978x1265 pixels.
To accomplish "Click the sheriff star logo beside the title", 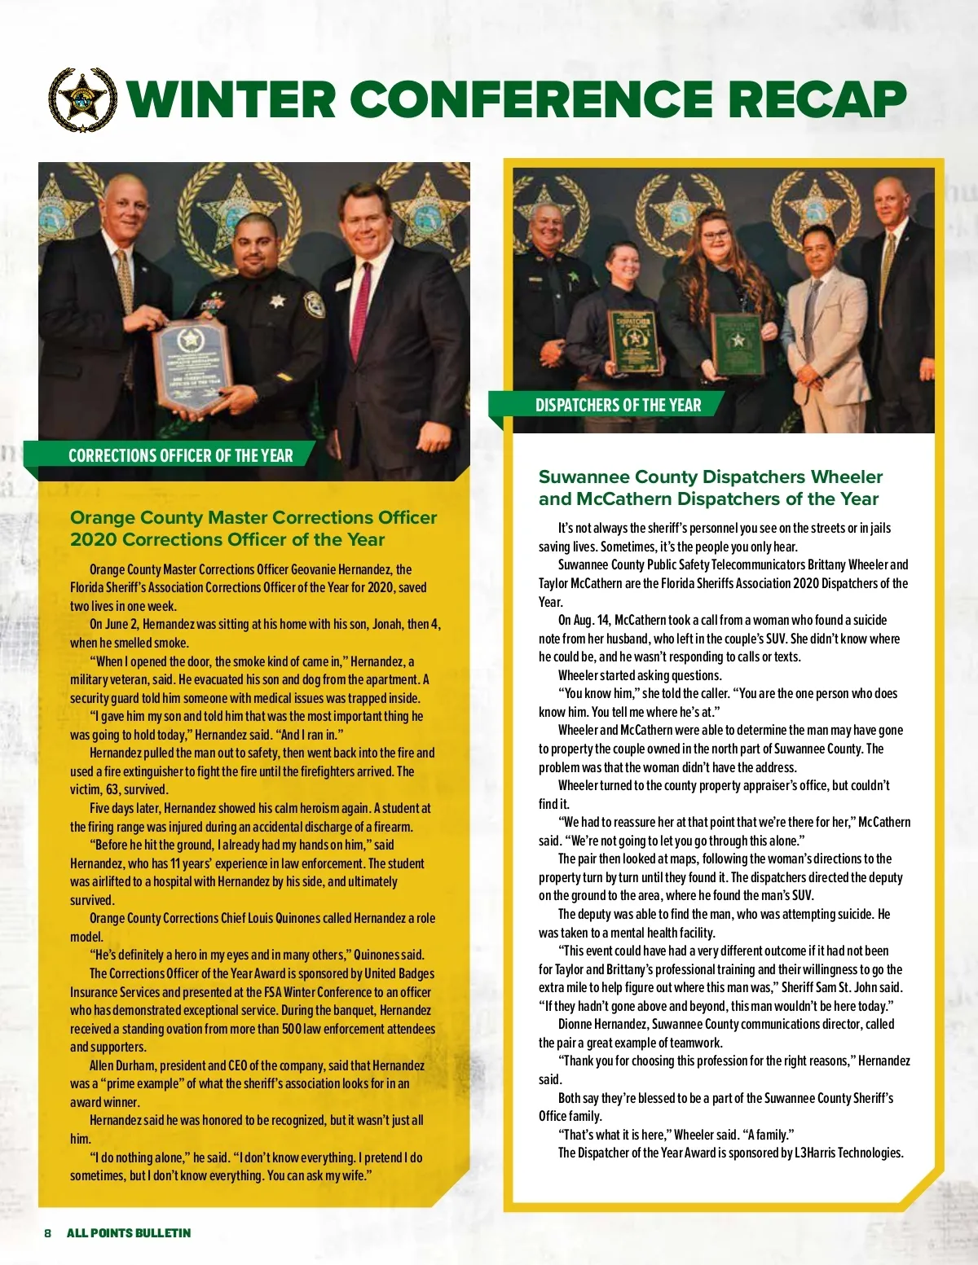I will (82, 100).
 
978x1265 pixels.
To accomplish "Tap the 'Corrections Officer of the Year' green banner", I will (180, 455).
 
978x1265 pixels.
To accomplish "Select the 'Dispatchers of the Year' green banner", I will (618, 405).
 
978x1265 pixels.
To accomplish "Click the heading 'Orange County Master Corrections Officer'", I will (253, 518).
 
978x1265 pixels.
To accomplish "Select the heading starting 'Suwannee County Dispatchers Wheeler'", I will (710, 477).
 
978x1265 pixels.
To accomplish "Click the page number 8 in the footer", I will (48, 1233).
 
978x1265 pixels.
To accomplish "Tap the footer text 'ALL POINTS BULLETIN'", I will (129, 1233).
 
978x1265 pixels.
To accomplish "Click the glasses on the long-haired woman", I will (716, 235).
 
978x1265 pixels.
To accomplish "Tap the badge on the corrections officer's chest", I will (278, 301).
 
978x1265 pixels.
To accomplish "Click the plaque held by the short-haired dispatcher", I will (633, 341).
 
